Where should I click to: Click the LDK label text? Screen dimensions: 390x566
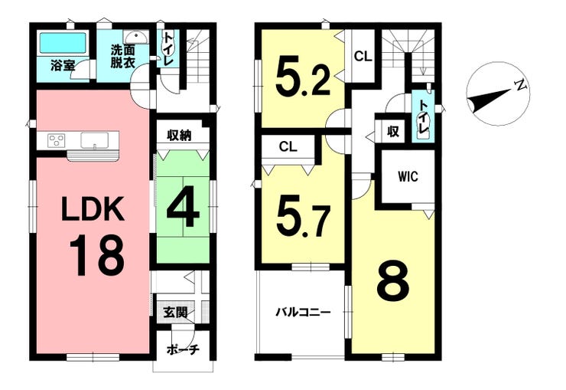pos(91,208)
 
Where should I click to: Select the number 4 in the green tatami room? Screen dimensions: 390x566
pos(184,208)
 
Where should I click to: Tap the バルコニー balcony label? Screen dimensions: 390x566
pos(303,312)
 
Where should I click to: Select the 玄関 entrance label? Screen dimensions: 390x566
pos(174,312)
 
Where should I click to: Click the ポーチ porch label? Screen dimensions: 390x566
pos(182,350)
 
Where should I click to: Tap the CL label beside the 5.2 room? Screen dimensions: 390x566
pos(363,55)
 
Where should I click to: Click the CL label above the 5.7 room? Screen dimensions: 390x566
pos(288,146)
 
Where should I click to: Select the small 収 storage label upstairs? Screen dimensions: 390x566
pos(392,132)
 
